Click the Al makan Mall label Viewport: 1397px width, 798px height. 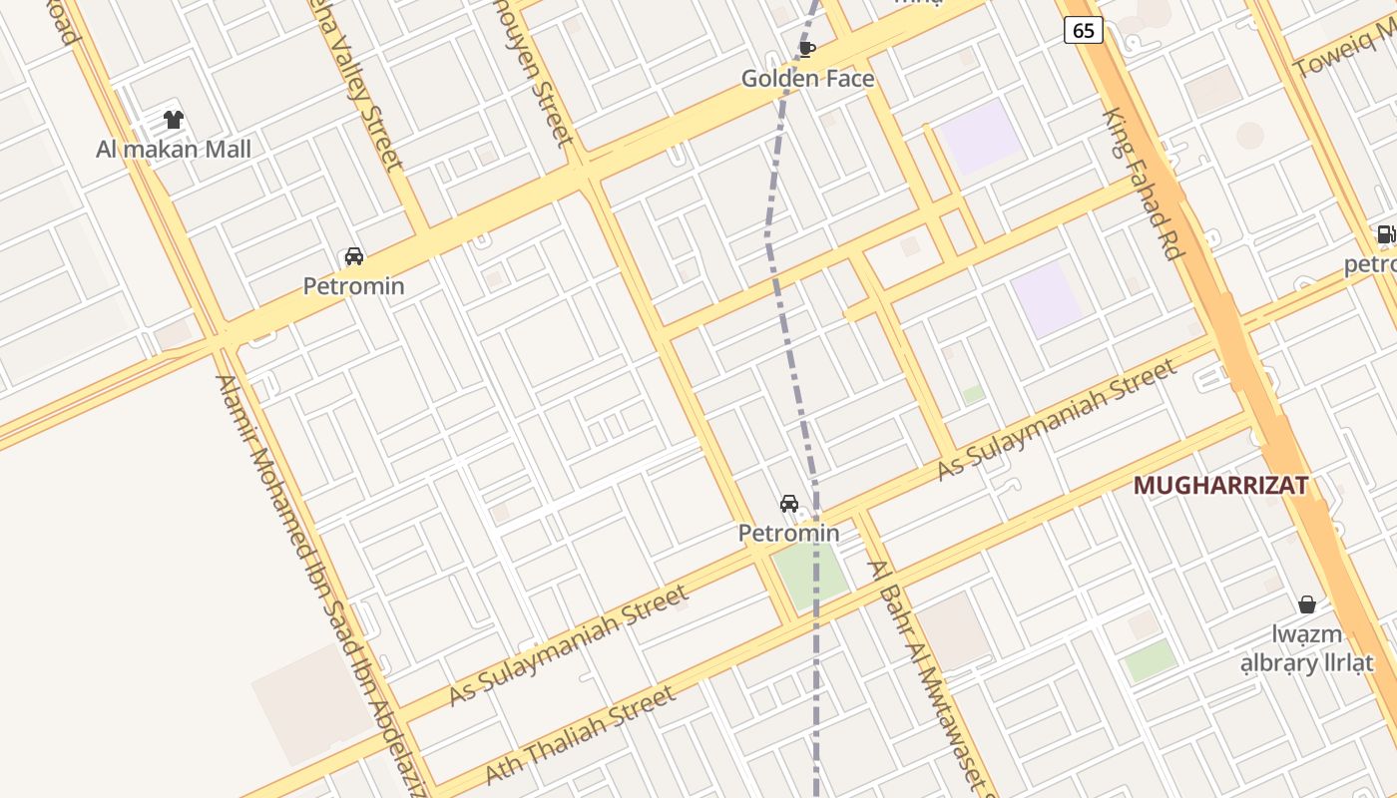coord(174,150)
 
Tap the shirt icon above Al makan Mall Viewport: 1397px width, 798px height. coord(174,121)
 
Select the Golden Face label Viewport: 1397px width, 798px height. coord(807,79)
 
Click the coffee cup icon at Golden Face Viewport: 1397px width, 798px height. coord(807,49)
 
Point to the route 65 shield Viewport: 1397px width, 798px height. coord(1083,31)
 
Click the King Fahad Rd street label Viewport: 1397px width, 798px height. coord(1143,185)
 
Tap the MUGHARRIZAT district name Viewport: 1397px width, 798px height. coord(1220,486)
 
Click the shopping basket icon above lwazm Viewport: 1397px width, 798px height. coord(1306,604)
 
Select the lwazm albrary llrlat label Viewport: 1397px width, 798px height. coord(1306,648)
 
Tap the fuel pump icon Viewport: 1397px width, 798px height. coord(1385,235)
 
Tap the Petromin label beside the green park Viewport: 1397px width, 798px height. coord(788,534)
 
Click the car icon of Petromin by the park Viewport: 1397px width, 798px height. coord(789,504)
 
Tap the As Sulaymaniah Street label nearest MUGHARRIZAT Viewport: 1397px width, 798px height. coord(1058,420)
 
